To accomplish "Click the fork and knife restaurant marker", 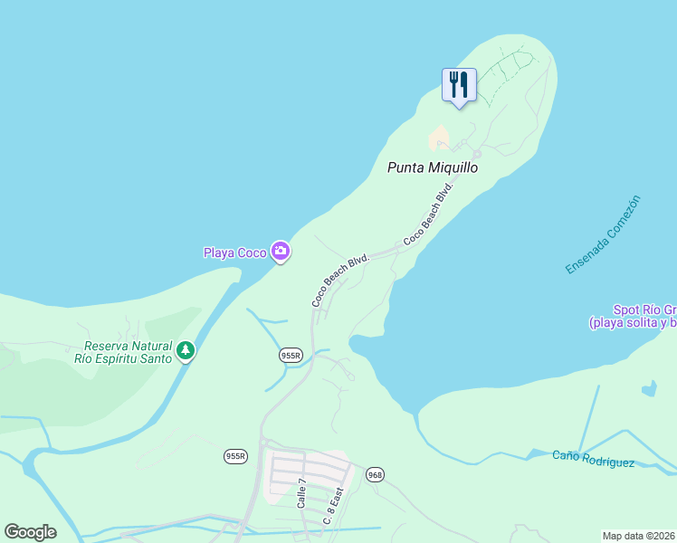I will tap(458, 85).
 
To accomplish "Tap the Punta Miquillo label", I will tap(433, 167).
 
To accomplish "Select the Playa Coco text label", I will tap(234, 252).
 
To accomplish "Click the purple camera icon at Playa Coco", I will tap(281, 252).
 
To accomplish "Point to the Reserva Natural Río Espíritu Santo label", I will tap(128, 351).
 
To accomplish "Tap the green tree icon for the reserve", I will tap(186, 350).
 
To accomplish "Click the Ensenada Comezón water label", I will tap(603, 234).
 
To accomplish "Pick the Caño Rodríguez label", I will tap(594, 459).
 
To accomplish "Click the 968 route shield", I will tap(376, 474).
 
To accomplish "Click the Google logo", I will tap(30, 532).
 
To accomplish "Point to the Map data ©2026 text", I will tap(639, 536).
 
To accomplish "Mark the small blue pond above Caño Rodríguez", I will tap(648, 389).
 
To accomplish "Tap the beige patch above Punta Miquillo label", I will tap(439, 138).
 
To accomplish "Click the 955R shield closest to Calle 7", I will tap(235, 456).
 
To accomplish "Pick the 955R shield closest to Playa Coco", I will tap(291, 356).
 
